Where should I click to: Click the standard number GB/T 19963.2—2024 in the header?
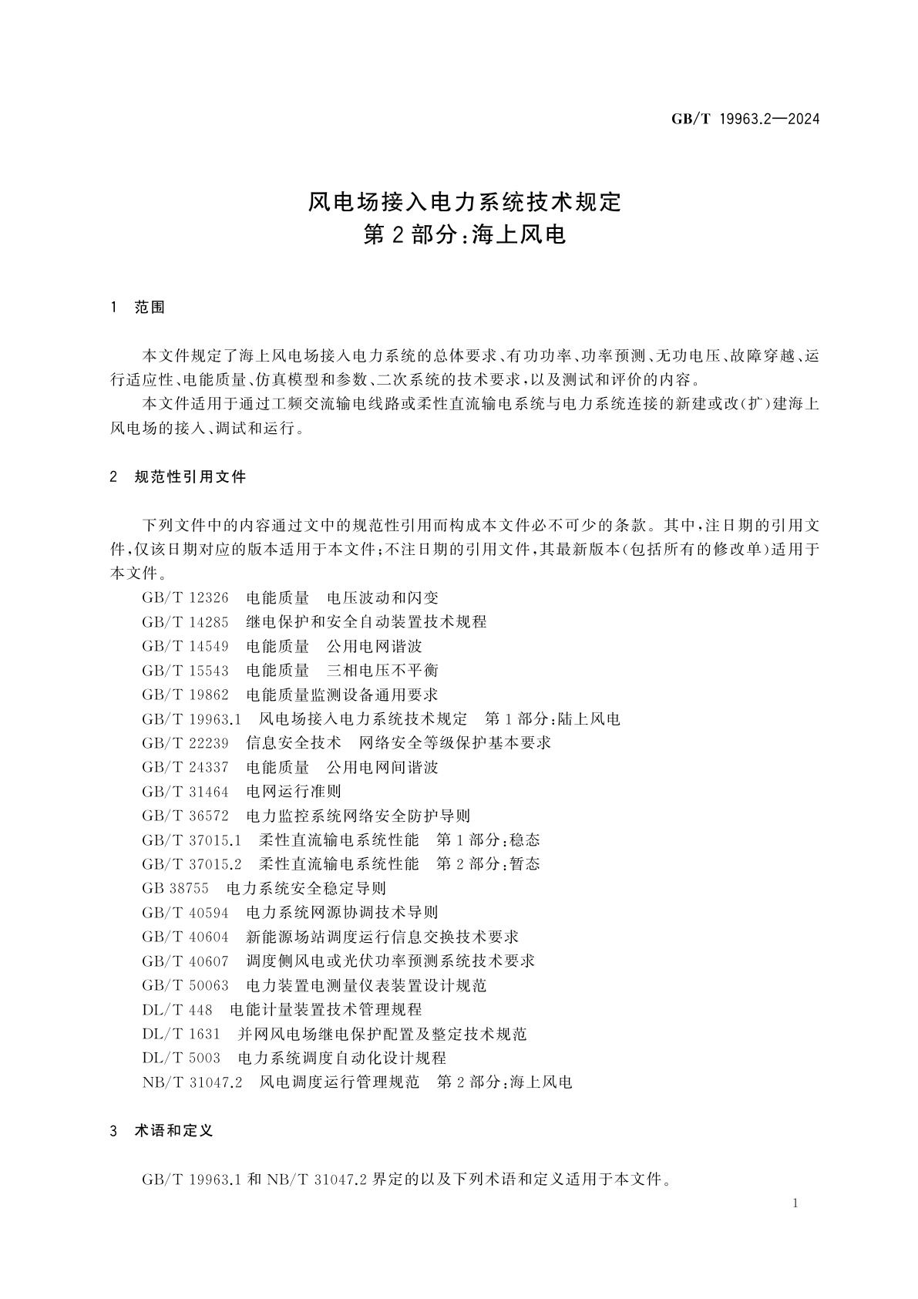(x=745, y=119)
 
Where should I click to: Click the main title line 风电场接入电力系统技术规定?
(x=464, y=202)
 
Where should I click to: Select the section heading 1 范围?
(x=138, y=308)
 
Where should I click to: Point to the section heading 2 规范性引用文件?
(x=178, y=477)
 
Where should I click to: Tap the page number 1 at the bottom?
(x=795, y=1203)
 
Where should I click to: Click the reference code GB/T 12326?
(x=185, y=597)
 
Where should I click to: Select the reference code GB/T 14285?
(x=185, y=621)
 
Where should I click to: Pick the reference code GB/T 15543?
(x=185, y=670)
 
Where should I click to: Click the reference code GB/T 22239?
(x=185, y=742)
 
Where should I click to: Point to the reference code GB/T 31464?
(x=185, y=791)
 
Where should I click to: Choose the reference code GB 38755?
(x=175, y=888)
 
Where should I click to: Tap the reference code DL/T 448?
(x=177, y=1009)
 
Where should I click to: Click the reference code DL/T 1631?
(x=181, y=1034)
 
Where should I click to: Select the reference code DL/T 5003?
(x=181, y=1058)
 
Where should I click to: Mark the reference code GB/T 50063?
(x=185, y=985)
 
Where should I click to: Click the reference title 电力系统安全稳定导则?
(x=306, y=888)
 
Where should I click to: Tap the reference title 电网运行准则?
(x=293, y=791)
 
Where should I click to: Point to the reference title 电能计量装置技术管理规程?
(x=325, y=1009)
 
